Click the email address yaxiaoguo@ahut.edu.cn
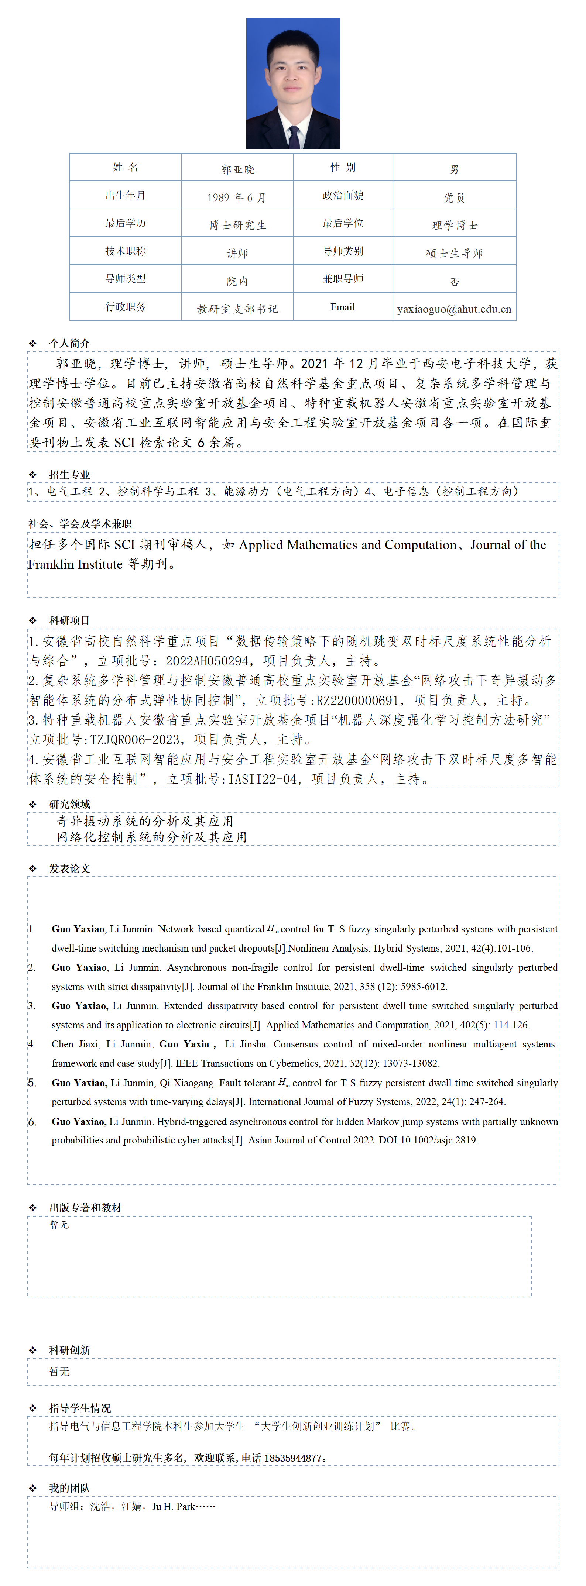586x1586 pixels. (x=454, y=309)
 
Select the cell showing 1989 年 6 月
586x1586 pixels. (x=237, y=197)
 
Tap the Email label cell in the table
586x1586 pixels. (x=343, y=307)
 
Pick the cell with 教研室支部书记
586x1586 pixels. (x=237, y=309)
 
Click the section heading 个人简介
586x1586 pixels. (x=69, y=343)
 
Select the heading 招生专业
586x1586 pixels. (x=69, y=474)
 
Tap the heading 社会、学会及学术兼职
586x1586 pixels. (x=80, y=523)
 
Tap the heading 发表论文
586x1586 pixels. (x=69, y=868)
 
